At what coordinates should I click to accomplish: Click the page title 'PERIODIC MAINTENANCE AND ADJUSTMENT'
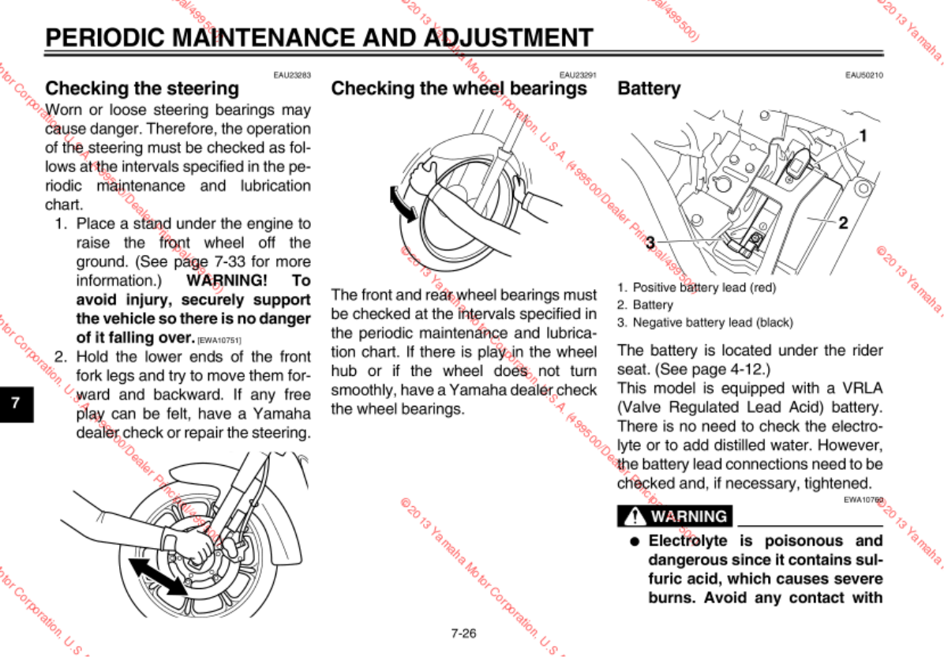point(319,37)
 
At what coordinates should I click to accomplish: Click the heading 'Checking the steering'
point(142,88)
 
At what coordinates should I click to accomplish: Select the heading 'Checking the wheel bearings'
point(459,88)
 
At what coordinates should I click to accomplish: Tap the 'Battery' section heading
point(649,88)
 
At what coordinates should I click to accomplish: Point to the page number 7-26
point(463,633)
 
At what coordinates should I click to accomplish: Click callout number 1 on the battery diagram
point(863,135)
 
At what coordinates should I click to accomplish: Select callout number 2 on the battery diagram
point(842,223)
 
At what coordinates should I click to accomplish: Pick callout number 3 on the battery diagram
point(650,242)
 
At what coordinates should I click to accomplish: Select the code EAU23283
point(292,75)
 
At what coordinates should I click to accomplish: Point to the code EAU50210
point(863,75)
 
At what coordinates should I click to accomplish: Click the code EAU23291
point(578,75)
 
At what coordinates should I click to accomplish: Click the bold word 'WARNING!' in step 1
point(227,281)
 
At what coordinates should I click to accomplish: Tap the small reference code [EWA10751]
point(219,340)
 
